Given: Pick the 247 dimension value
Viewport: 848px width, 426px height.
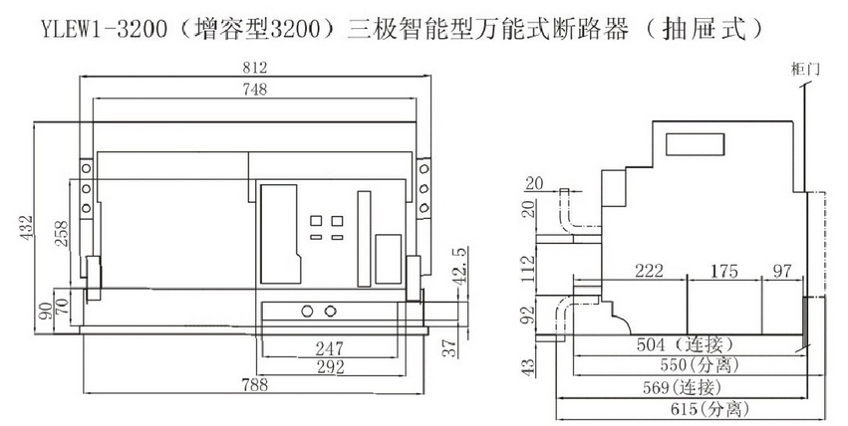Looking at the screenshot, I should click(329, 348).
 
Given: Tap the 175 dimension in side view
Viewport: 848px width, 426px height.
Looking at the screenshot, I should click(724, 272).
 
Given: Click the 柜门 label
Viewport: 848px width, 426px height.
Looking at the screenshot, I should click(800, 67).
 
